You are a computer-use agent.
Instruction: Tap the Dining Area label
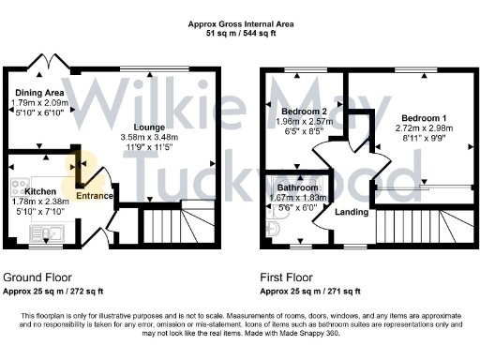pos(37,93)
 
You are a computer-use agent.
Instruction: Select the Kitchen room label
pos(39,190)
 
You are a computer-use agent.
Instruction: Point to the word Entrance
pos(95,196)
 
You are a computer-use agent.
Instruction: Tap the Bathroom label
pos(297,187)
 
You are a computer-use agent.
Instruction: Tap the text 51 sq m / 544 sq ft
pos(240,33)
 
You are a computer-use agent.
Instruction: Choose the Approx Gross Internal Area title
pos(240,23)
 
